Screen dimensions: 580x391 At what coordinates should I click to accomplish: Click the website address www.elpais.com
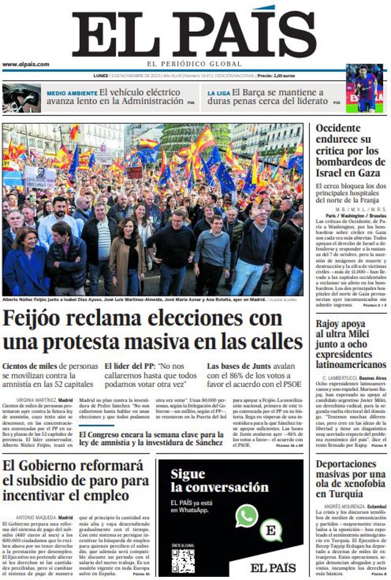point(25,64)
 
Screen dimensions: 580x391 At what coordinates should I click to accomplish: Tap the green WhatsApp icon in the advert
point(247,516)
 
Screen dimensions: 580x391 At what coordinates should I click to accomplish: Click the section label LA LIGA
point(218,93)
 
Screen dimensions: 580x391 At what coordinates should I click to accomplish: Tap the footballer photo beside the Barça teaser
point(364,88)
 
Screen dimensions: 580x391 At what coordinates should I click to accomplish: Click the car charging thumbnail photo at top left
point(21,98)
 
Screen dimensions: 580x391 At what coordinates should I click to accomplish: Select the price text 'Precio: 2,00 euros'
point(276,76)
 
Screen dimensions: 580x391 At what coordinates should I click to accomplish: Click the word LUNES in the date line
point(101,76)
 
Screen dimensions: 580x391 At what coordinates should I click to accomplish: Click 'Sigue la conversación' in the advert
point(219,480)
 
